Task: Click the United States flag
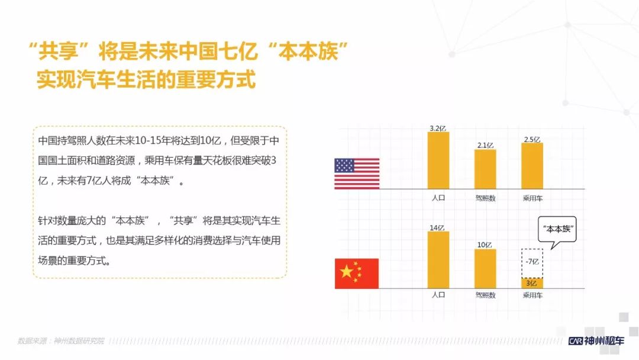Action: click(357, 173)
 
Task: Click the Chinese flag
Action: click(357, 274)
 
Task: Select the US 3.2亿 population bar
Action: click(438, 160)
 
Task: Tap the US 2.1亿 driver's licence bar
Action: click(485, 169)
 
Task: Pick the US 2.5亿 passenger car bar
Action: click(532, 166)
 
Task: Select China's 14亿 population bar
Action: click(438, 260)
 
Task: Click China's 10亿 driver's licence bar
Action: click(485, 269)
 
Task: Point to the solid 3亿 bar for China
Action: click(532, 284)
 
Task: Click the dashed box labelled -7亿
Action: click(532, 263)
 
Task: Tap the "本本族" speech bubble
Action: click(557, 230)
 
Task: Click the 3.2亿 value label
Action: click(438, 128)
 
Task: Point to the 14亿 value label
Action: click(437, 228)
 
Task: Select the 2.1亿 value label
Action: click(485, 146)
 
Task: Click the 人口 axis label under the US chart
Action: click(438, 198)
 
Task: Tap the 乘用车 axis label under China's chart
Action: click(532, 295)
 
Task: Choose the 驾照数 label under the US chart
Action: click(485, 198)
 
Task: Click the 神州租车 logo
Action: click(596, 341)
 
